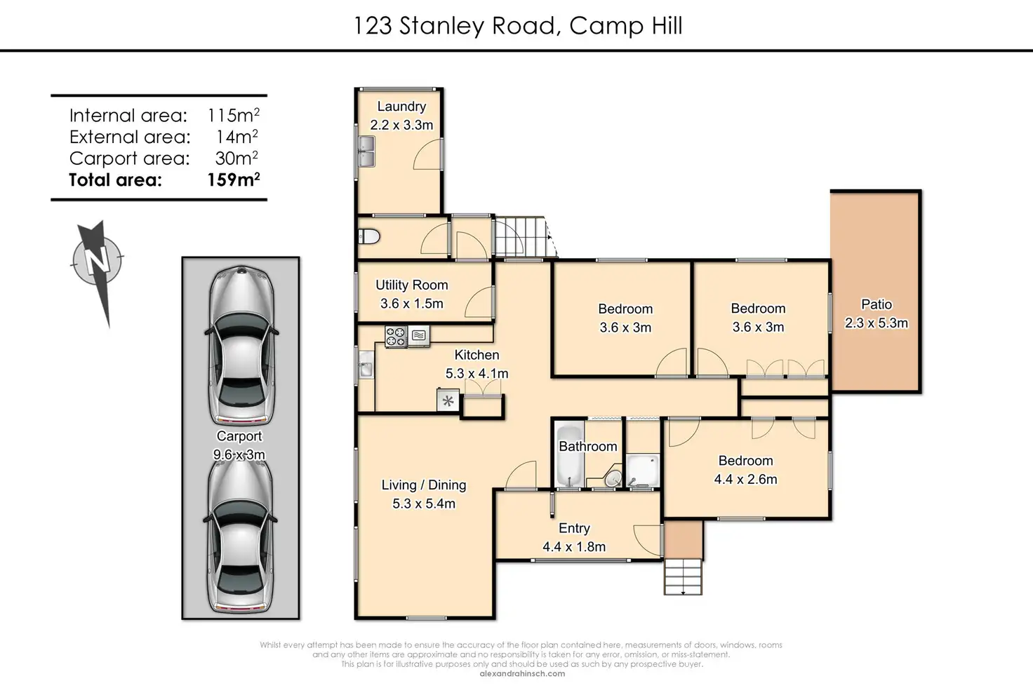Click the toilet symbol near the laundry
369,236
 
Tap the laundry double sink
366,151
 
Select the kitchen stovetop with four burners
396,336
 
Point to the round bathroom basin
613,478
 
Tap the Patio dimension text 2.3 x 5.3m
877,323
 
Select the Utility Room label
412,285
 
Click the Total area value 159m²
234,180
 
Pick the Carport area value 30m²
236,158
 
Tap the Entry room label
574,528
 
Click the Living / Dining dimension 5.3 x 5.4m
424,504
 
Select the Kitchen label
476,355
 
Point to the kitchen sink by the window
366,365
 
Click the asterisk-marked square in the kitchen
448,400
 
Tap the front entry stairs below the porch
683,577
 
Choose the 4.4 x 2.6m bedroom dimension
746,479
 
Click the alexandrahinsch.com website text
522,674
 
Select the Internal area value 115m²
234,115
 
